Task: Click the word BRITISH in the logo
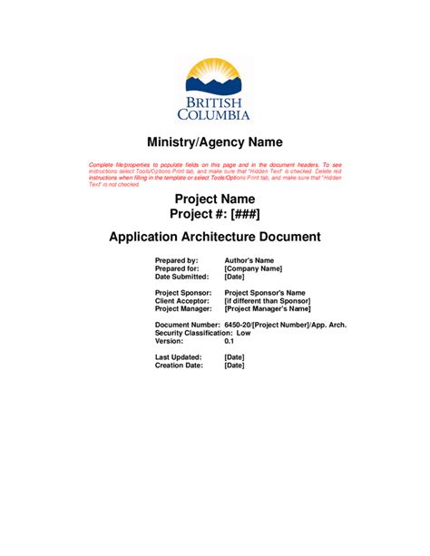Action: point(215,102)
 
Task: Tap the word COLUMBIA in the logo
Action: point(215,115)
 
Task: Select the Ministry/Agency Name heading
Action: point(215,142)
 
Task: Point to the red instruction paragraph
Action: point(215,171)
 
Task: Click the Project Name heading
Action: point(215,199)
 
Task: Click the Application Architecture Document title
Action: point(215,238)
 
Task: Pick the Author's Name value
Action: point(249,261)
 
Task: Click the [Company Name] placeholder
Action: point(253,268)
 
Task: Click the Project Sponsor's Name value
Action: point(265,293)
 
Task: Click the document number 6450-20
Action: point(238,325)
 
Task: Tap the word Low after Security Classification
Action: point(243,333)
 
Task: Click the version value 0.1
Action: point(230,341)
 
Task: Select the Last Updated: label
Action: point(178,357)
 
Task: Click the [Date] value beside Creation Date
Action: point(233,366)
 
